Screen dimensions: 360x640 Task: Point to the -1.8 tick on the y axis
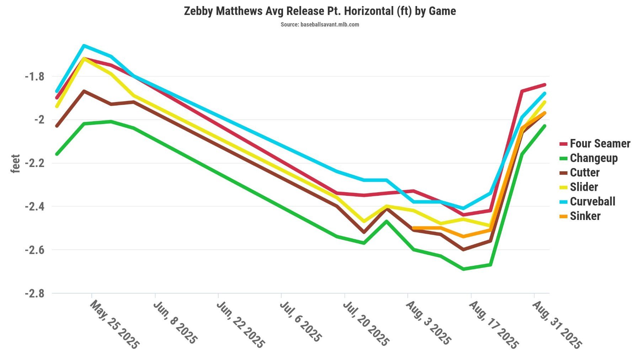pos(34,76)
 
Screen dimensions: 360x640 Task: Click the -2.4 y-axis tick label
pos(34,206)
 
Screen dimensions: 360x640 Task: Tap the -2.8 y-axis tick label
pos(34,294)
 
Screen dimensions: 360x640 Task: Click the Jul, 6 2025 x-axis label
pos(301,322)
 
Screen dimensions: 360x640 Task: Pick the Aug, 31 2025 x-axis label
pos(557,324)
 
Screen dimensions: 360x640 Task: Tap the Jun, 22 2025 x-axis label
pos(241,324)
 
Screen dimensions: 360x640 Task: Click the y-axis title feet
pos(15,163)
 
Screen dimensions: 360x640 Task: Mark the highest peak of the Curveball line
pos(84,45)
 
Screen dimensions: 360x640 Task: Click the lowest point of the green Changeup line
pos(463,269)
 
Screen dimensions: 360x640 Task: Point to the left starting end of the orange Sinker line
pos(414,228)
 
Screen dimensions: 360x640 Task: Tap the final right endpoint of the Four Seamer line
pos(544,85)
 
